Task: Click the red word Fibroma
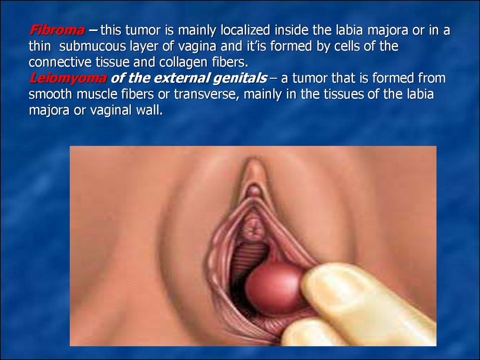pyautogui.click(x=57, y=30)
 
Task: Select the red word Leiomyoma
pyautogui.click(x=68, y=78)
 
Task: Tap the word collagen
pyautogui.click(x=180, y=63)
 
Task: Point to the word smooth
pyautogui.click(x=51, y=94)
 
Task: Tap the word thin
pyautogui.click(x=40, y=46)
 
